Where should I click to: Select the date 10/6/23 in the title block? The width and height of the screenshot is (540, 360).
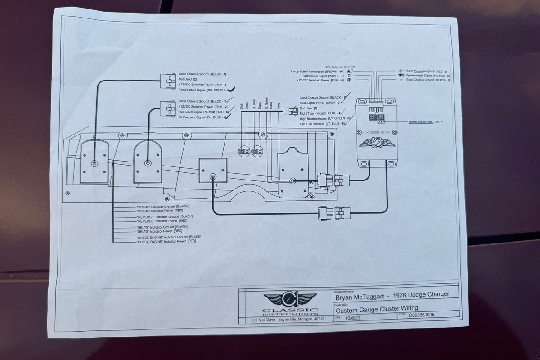point(352,317)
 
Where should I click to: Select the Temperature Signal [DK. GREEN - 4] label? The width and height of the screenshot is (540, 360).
point(204,90)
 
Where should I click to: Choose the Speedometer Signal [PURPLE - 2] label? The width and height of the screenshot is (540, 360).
point(427,76)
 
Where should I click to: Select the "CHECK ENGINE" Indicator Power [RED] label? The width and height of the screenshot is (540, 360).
point(166,241)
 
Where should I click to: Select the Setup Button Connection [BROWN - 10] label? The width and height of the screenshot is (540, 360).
point(317,72)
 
